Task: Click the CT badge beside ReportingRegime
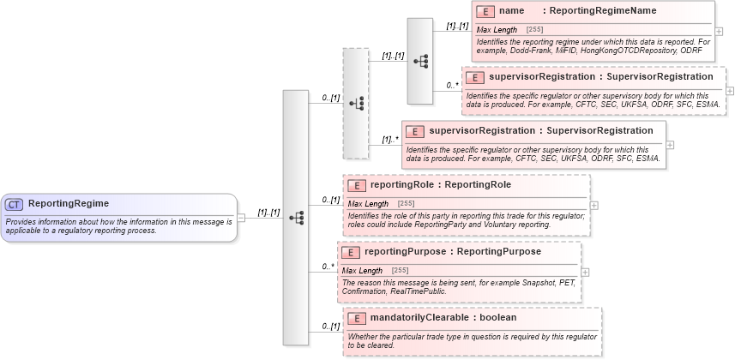15,204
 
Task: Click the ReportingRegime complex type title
69,204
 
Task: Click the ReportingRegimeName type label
603,11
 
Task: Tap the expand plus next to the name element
719,32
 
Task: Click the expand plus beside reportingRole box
594,206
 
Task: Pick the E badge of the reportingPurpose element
350,253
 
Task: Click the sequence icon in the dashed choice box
356,103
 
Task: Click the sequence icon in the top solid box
420,62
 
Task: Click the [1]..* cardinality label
390,138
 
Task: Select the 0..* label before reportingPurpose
327,267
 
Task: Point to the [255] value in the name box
534,30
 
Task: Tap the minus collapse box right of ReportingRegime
241,218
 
